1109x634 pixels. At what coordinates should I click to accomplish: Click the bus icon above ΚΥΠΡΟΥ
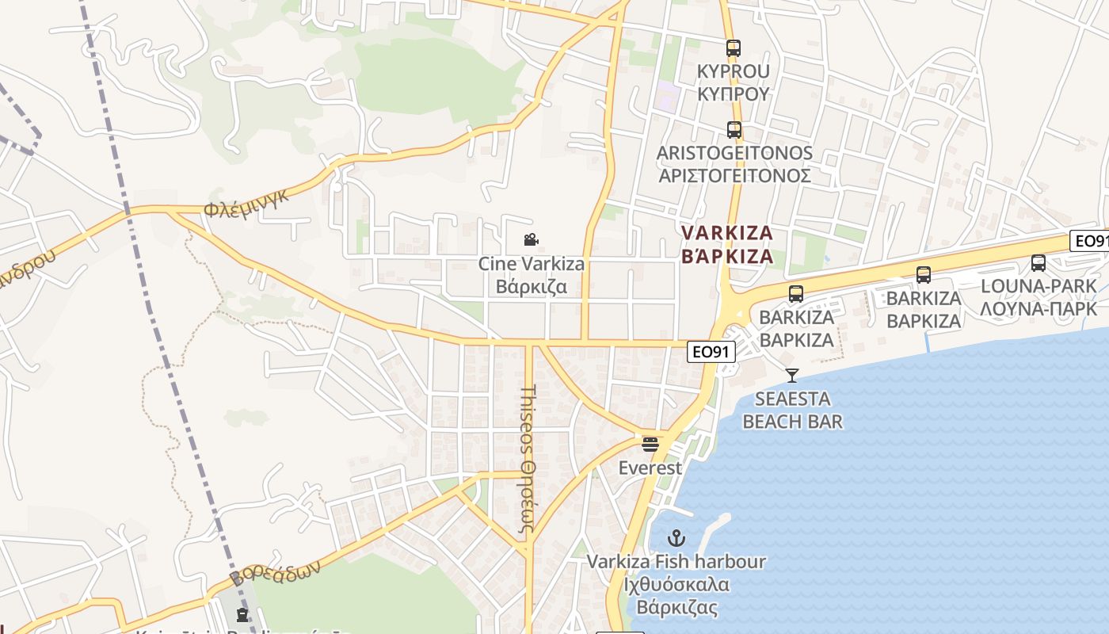[734, 48]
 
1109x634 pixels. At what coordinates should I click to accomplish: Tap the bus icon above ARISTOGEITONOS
[734, 130]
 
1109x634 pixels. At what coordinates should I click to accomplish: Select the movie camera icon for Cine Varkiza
[532, 239]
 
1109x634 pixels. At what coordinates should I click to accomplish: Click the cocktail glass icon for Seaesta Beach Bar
[791, 375]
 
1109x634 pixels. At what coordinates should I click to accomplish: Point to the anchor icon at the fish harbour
[676, 539]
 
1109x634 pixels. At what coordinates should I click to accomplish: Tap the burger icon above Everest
[650, 444]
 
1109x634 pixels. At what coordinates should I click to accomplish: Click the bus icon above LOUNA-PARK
[1038, 263]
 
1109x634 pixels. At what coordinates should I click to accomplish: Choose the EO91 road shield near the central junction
[711, 352]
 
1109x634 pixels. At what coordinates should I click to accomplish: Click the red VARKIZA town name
[727, 244]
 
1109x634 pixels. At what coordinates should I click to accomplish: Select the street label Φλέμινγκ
[246, 201]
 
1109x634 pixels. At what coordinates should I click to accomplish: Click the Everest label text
[650, 468]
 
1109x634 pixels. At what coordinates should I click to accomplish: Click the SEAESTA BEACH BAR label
[792, 410]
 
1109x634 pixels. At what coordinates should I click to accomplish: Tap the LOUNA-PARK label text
[1038, 296]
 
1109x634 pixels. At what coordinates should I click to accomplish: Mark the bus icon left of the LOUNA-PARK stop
[924, 275]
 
